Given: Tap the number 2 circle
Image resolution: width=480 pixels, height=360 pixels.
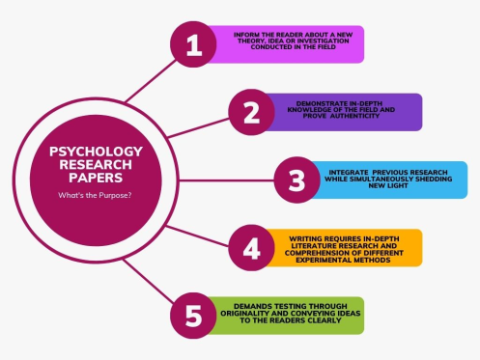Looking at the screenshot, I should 251,113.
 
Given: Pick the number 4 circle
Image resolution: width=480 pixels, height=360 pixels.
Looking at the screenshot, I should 251,248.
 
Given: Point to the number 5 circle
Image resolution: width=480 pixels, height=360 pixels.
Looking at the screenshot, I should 193,316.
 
